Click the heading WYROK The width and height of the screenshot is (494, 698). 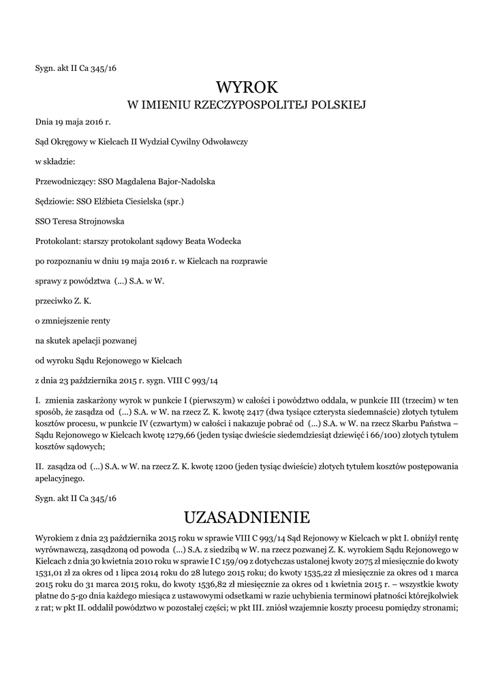(247, 87)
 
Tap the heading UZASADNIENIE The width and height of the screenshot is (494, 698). (247, 515)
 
